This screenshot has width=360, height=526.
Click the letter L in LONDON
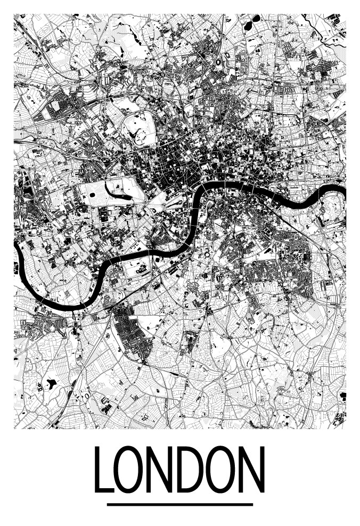coord(104,470)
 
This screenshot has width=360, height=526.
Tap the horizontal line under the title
coord(179,504)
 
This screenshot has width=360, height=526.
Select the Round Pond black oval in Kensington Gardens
coord(92,195)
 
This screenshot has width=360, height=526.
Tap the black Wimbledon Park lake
coord(52,383)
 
